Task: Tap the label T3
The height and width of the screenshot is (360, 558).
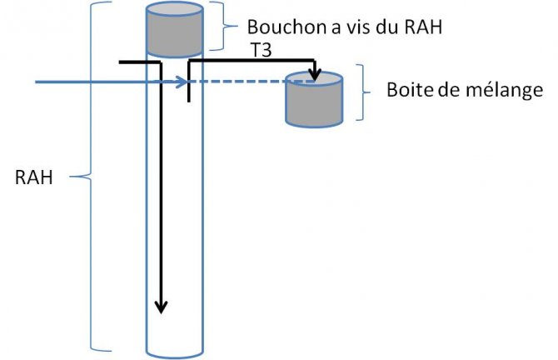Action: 262,52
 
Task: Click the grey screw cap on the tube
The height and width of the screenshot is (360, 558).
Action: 174,32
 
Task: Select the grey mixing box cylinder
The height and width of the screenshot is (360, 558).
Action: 313,104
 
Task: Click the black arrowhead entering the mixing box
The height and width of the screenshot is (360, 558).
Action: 315,77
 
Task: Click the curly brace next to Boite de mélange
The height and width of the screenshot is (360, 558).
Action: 365,91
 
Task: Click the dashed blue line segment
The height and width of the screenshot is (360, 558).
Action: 242,82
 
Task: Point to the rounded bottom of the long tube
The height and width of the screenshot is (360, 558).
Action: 174,351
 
